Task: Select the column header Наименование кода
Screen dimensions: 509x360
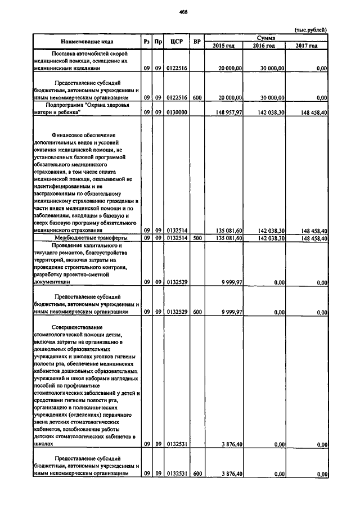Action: point(87,41)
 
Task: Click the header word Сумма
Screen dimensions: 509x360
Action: point(265,37)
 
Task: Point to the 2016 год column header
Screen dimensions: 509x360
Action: point(264,46)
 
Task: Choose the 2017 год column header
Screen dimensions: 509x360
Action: point(307,46)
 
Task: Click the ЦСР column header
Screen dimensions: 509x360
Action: point(178,41)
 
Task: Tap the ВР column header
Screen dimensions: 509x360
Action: point(197,41)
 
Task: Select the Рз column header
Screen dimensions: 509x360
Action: point(146,41)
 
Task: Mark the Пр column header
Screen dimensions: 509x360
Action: point(159,41)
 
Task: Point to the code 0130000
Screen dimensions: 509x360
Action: point(177,112)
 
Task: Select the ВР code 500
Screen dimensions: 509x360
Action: point(197,238)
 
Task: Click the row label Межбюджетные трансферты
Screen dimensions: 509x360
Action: point(85,238)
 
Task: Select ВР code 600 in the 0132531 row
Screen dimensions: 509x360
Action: point(197,474)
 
